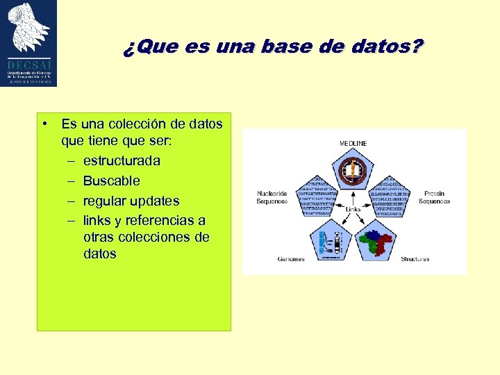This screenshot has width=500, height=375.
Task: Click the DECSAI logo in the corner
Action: [29, 43]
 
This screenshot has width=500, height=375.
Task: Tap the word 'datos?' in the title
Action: [389, 47]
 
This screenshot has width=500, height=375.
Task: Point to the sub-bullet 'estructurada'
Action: [121, 160]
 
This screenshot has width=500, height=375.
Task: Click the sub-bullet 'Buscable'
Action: [111, 181]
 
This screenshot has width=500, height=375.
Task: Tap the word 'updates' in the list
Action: [155, 201]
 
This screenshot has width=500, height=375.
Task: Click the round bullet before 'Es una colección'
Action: [44, 124]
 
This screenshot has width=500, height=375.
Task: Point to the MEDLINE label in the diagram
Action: [353, 143]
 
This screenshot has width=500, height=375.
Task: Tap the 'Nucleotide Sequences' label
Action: [272, 197]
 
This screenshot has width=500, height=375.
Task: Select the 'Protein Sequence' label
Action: [434, 197]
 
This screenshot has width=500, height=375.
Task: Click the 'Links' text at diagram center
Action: [353, 208]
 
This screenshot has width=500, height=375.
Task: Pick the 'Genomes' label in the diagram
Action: [291, 259]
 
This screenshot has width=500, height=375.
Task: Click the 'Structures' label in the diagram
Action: [415, 259]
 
